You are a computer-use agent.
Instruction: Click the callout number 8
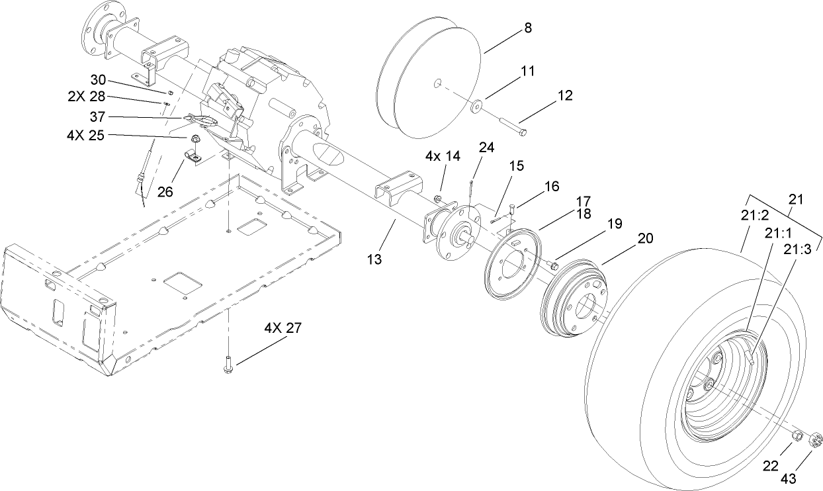click(527, 28)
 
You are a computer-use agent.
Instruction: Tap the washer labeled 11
click(476, 105)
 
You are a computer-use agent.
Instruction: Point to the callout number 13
click(375, 260)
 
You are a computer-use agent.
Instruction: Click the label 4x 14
click(443, 157)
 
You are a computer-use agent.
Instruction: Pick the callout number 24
click(486, 148)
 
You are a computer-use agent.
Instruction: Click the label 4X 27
click(283, 329)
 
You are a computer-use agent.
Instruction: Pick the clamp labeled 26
click(191, 158)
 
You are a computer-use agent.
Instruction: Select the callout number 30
click(97, 78)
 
